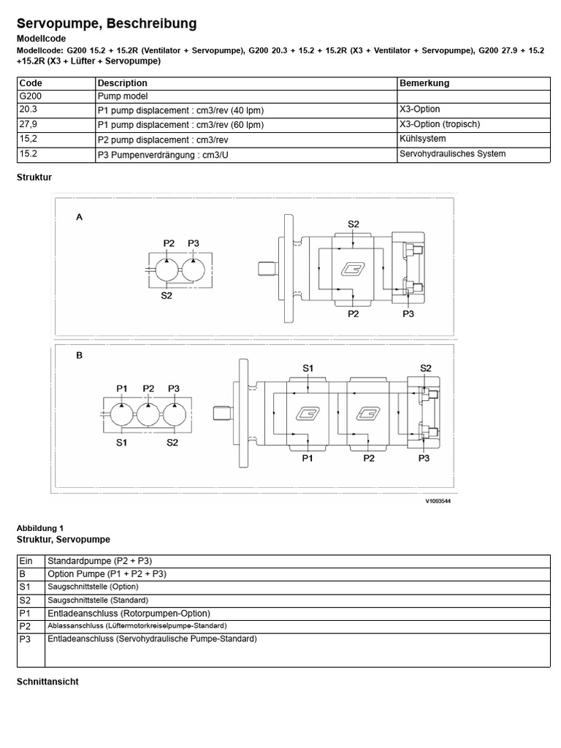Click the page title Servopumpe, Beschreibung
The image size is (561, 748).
pos(107,24)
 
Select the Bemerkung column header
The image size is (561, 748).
pos(424,83)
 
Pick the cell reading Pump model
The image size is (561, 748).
pos(123,96)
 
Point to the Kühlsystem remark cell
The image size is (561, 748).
pos(423,139)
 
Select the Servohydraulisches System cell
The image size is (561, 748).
pos(452,154)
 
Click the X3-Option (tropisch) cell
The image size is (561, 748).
pos(440,124)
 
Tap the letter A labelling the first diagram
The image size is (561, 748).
pos(79,217)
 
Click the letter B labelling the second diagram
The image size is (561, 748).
pos(79,356)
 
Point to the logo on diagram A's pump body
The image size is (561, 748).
pos(354,270)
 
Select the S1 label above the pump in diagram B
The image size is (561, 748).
pos(308,368)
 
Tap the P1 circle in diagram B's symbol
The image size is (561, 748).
pos(122,414)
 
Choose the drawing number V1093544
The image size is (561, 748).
pos(438,502)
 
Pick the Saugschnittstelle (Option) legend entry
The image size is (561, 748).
pos(93,587)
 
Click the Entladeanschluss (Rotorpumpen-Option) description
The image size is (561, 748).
pos(129,614)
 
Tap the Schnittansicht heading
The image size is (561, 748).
pos(47,682)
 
